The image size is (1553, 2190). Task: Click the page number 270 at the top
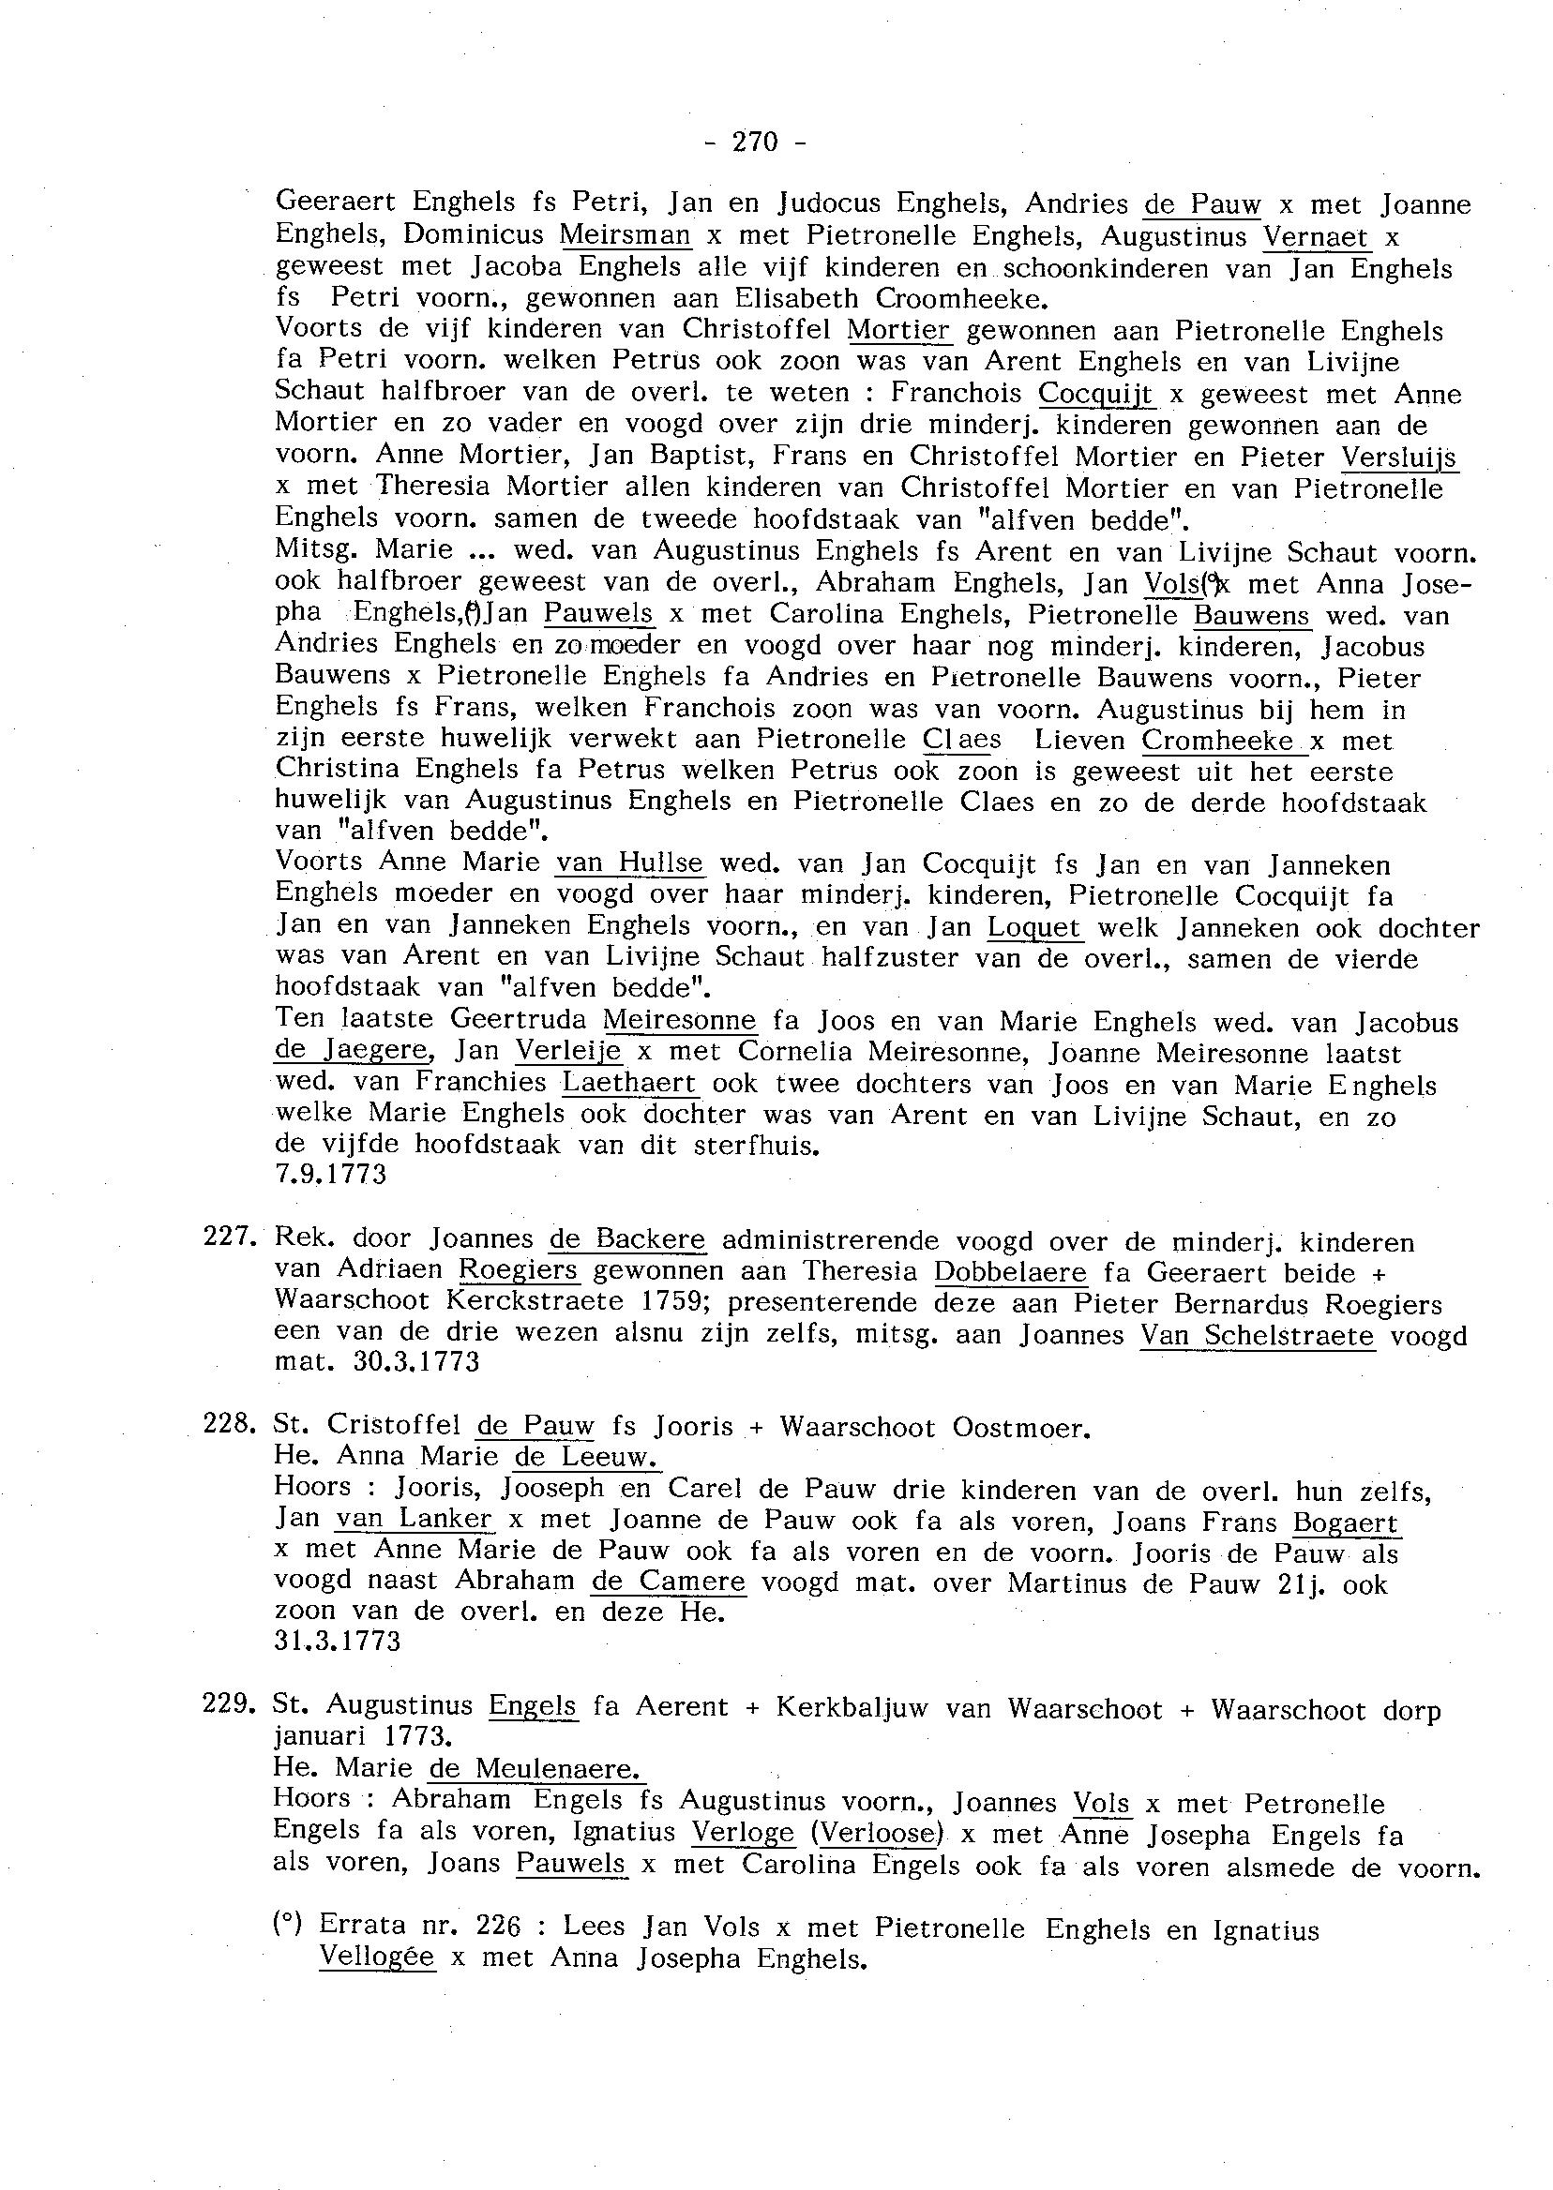[x=755, y=142]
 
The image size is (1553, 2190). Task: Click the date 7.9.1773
[x=331, y=1174]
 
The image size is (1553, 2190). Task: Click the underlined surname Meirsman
[x=625, y=235]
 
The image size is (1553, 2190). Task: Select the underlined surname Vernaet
[x=1315, y=236]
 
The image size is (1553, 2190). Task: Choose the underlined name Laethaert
[x=630, y=1084]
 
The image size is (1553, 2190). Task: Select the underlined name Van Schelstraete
[x=1257, y=1335]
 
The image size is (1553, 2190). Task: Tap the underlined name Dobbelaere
[x=1010, y=1272]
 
